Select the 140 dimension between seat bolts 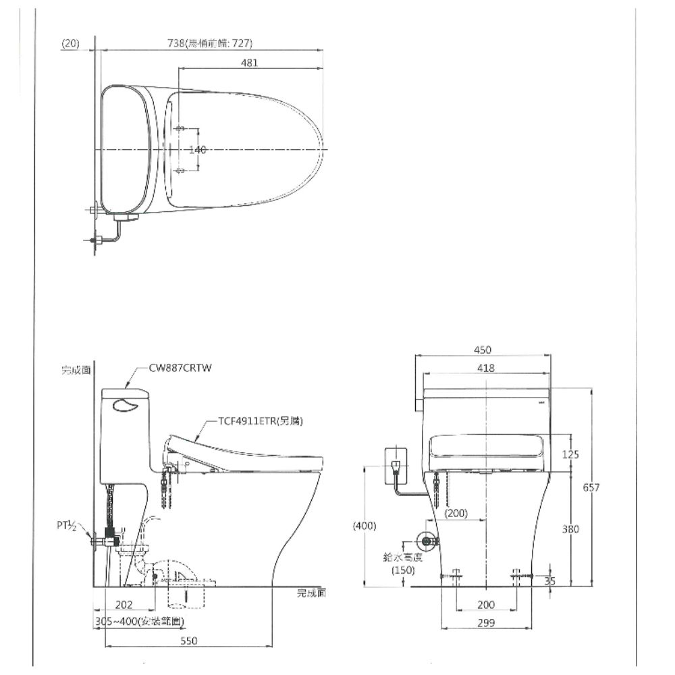pyautogui.click(x=197, y=150)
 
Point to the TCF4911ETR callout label pyautogui.click(x=260, y=421)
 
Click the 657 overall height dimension pyautogui.click(x=591, y=487)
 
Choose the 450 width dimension pyautogui.click(x=483, y=350)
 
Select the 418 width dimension pyautogui.click(x=485, y=368)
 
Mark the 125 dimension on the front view pyautogui.click(x=570, y=454)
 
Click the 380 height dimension pyautogui.click(x=570, y=530)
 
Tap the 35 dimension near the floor pyautogui.click(x=550, y=580)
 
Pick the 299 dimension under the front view pyautogui.click(x=485, y=623)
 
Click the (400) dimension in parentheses pyautogui.click(x=364, y=526)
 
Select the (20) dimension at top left pyautogui.click(x=70, y=44)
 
